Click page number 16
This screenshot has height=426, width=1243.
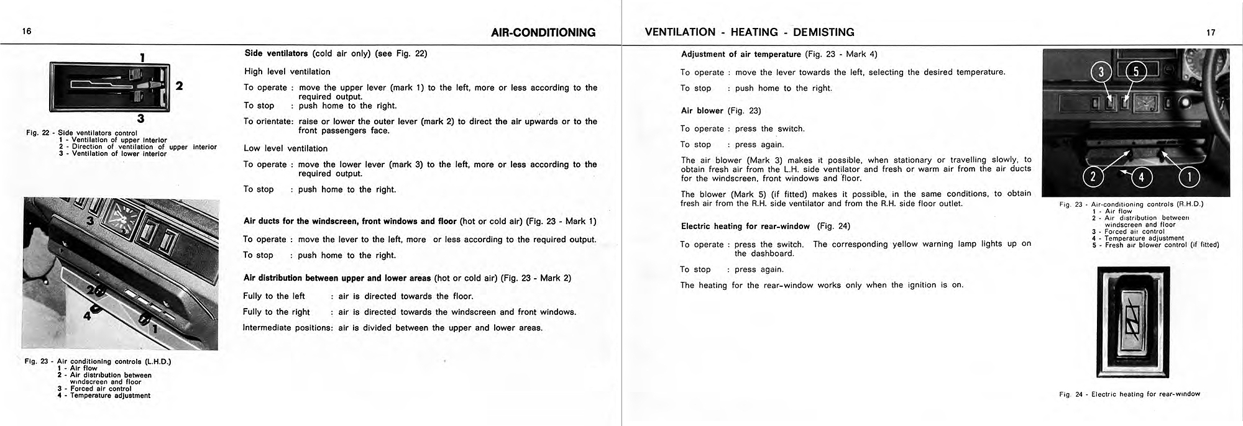point(27,32)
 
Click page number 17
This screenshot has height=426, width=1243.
point(1211,33)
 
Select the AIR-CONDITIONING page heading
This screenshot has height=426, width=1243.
point(543,32)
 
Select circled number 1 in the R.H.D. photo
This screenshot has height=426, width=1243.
point(1190,178)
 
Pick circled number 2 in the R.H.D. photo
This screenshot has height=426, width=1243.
point(1093,178)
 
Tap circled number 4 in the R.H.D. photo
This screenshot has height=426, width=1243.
point(1141,178)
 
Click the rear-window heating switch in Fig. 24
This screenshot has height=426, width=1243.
point(1133,323)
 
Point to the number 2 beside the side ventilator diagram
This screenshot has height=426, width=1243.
point(179,86)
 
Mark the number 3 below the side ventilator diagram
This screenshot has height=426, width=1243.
point(141,119)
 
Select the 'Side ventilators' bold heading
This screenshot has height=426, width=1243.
point(276,53)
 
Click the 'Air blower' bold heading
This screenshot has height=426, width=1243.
point(702,111)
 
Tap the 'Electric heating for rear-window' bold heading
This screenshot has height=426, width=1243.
point(745,226)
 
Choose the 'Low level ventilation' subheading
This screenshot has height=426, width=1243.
point(285,148)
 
